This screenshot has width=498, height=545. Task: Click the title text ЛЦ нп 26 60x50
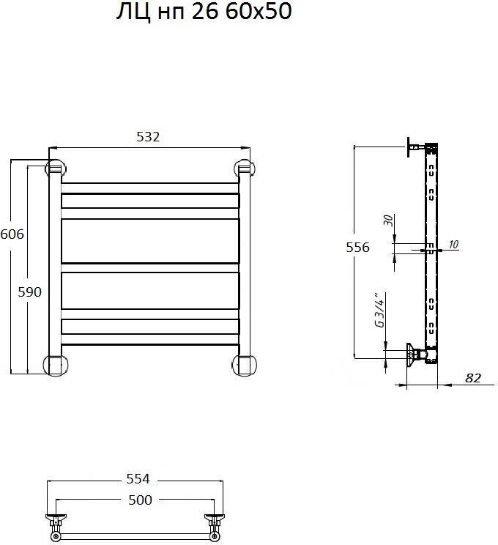(204, 11)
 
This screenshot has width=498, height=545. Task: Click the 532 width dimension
(148, 136)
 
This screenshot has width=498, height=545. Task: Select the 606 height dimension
(12, 234)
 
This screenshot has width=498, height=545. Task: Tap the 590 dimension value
(29, 292)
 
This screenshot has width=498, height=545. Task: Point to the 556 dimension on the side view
(357, 247)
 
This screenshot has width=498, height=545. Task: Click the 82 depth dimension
(473, 378)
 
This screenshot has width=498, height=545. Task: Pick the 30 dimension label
(388, 220)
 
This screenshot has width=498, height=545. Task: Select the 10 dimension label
(453, 245)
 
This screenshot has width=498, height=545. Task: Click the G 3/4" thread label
(380, 310)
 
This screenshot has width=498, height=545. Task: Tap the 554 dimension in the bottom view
(138, 478)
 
